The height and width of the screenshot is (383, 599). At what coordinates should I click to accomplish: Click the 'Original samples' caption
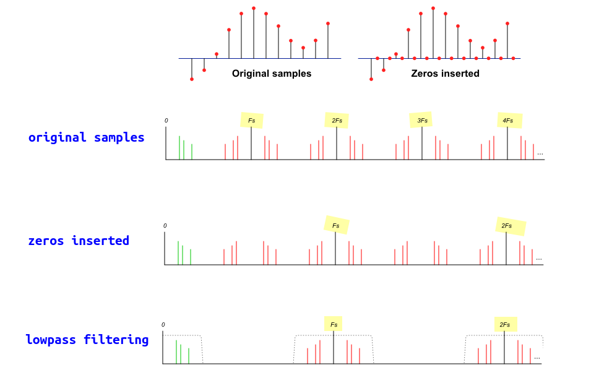click(x=272, y=74)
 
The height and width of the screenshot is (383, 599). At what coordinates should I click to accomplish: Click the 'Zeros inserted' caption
click(x=445, y=74)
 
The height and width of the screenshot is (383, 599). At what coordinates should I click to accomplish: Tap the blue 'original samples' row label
click(x=86, y=137)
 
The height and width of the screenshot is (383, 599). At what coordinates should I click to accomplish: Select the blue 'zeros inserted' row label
click(x=79, y=241)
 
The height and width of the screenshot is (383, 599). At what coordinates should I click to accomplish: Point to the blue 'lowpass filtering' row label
click(x=87, y=340)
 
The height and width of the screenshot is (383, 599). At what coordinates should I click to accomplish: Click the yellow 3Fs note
click(x=421, y=120)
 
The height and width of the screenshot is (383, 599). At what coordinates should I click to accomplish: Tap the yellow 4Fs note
click(x=509, y=120)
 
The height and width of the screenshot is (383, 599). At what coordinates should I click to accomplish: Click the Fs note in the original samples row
click(x=252, y=120)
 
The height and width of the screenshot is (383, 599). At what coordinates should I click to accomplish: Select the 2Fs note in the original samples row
click(x=337, y=120)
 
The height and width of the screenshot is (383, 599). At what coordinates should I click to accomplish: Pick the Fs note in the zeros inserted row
click(x=336, y=225)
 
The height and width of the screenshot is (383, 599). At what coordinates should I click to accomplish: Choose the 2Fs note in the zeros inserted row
click(x=510, y=226)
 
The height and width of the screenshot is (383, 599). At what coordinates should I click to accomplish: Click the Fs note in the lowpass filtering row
click(x=334, y=324)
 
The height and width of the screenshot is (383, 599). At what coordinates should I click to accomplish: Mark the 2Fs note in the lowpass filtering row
click(x=505, y=324)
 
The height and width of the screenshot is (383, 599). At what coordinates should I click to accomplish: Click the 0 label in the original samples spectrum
click(x=166, y=121)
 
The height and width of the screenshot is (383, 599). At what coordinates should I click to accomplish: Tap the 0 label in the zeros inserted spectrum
click(x=165, y=226)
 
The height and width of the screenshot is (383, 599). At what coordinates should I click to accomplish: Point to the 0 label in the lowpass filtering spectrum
click(x=163, y=325)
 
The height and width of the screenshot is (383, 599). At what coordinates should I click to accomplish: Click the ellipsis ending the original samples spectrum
click(x=540, y=153)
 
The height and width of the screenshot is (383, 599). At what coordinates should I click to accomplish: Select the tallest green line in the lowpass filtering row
click(x=176, y=351)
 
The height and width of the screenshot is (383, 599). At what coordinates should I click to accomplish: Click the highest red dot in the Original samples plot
click(x=254, y=9)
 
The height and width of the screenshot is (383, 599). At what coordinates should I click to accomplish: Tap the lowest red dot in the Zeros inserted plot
click(x=371, y=79)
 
